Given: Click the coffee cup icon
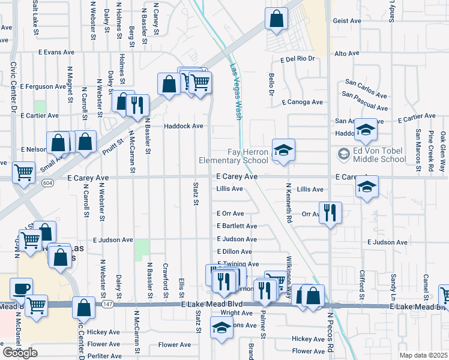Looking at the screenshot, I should [x=22, y=288].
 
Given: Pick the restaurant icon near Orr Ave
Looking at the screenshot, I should [x=330, y=213].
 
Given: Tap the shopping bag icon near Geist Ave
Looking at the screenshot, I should [x=277, y=19].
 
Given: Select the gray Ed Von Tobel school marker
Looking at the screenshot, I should [x=343, y=154].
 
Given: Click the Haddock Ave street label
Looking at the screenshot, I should [x=184, y=126].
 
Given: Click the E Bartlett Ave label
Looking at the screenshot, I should [x=237, y=226].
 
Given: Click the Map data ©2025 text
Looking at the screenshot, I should [x=423, y=355].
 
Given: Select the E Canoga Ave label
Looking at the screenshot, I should [x=301, y=102].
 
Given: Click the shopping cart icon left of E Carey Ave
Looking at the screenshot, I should [x=23, y=173].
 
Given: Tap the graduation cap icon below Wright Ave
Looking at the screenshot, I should [x=221, y=328].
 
